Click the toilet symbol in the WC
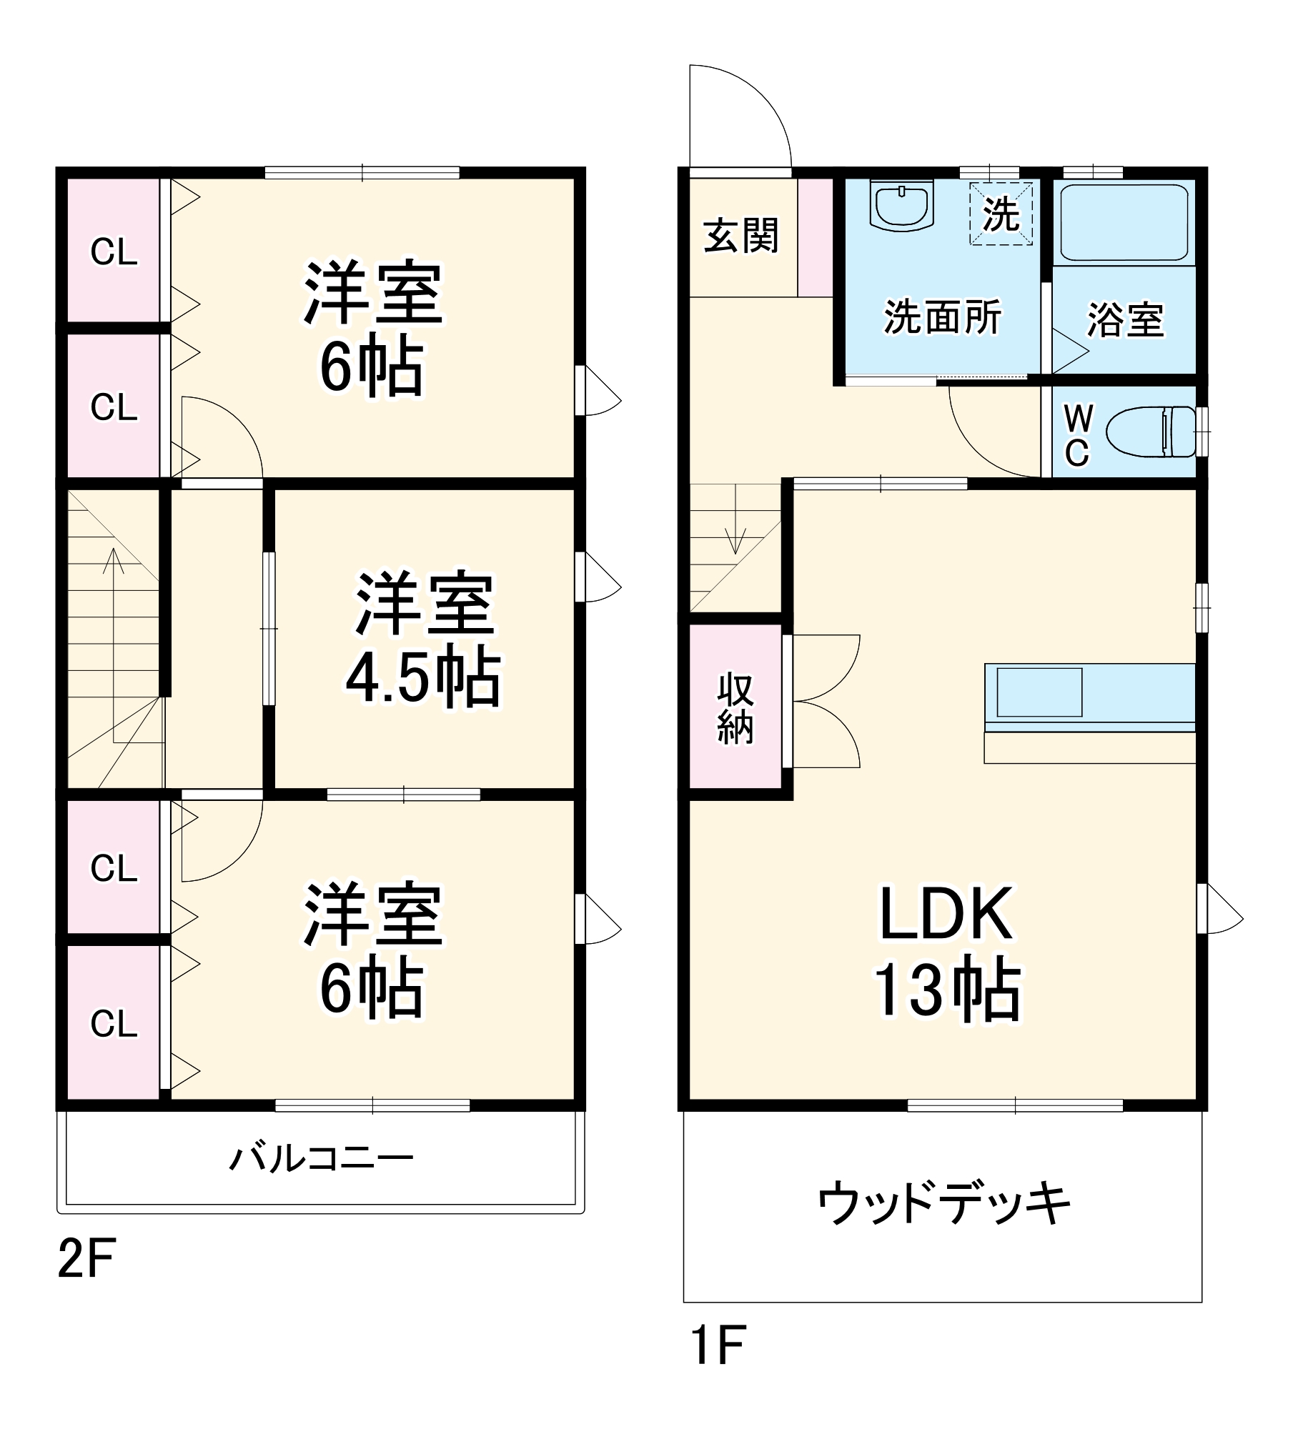pyautogui.click(x=1151, y=432)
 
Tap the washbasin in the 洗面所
pyautogui.click(x=902, y=205)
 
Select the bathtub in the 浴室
pyautogui.click(x=1124, y=223)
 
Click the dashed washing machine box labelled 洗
pyautogui.click(x=1001, y=213)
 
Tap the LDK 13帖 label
pyautogui.click(x=947, y=951)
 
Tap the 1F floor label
pyautogui.click(x=718, y=1344)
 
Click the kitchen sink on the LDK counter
pyautogui.click(x=1039, y=692)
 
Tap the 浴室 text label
pyautogui.click(x=1125, y=319)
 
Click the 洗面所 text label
pyautogui.click(x=943, y=317)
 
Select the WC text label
pyautogui.click(x=1078, y=434)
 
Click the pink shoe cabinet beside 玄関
pyautogui.click(x=816, y=237)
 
